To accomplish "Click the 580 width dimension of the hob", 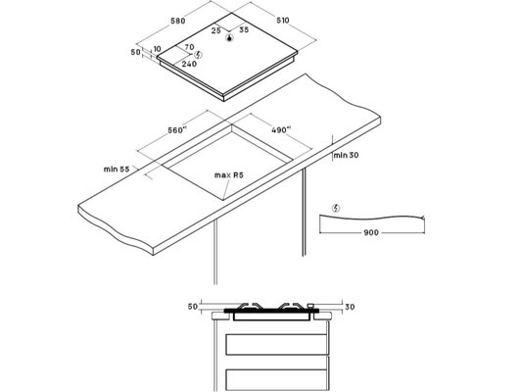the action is pyautogui.click(x=178, y=21).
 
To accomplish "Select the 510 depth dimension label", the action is pyautogui.click(x=283, y=21).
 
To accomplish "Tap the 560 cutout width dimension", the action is pyautogui.click(x=175, y=130).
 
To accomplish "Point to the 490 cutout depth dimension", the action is pyautogui.click(x=281, y=130).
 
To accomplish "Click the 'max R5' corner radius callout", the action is pyautogui.click(x=229, y=175).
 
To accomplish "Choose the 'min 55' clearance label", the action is pyautogui.click(x=117, y=169).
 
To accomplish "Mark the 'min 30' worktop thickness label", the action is pyautogui.click(x=347, y=155).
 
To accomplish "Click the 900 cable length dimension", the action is pyautogui.click(x=371, y=232).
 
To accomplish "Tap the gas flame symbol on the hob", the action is pyautogui.click(x=229, y=38).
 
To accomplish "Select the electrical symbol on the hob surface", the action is pyautogui.click(x=198, y=55).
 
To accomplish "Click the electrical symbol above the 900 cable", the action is pyautogui.click(x=336, y=208).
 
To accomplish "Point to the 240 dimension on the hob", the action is pyautogui.click(x=189, y=64).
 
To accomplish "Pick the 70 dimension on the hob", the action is pyautogui.click(x=189, y=47).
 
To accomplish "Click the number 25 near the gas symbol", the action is pyautogui.click(x=216, y=30).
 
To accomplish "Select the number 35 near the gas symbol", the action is pyautogui.click(x=244, y=29).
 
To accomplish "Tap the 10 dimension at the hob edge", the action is pyautogui.click(x=158, y=49).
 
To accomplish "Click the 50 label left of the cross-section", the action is pyautogui.click(x=193, y=307).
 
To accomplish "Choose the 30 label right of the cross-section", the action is pyautogui.click(x=350, y=307).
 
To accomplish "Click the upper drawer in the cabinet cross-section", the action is pyautogui.click(x=276, y=344).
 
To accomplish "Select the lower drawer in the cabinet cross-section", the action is pyautogui.click(x=276, y=379).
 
